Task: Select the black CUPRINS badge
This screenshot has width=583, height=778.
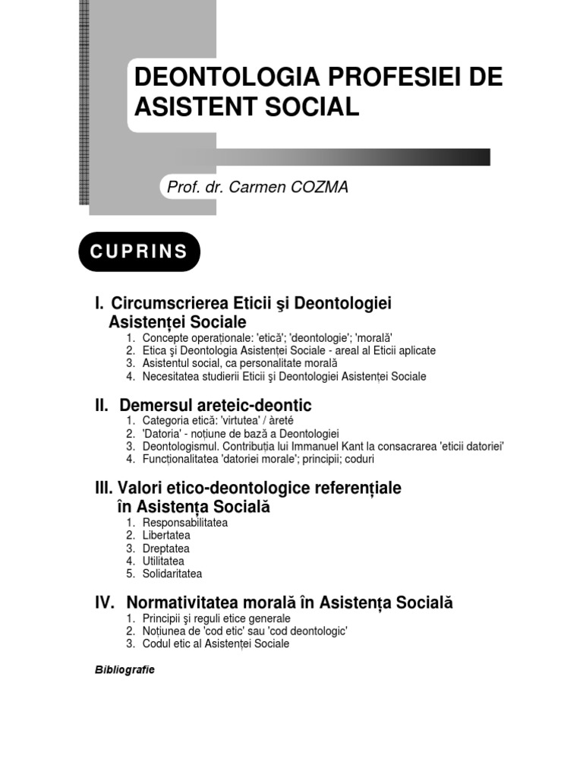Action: point(139,252)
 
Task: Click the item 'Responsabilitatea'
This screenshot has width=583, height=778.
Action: point(184,523)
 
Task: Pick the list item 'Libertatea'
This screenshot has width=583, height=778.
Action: point(166,536)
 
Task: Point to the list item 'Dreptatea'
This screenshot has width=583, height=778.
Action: point(165,549)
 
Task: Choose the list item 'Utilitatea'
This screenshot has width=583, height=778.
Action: point(163,561)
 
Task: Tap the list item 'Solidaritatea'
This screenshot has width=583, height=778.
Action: point(172,574)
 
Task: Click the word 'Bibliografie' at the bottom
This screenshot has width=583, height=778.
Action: point(124,670)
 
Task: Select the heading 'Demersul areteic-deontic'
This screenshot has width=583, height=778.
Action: point(216,406)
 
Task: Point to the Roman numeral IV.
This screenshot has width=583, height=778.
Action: point(105,602)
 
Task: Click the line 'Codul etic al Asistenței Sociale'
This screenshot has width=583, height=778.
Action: point(216,644)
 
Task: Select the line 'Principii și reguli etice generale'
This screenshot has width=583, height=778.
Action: point(216,618)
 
